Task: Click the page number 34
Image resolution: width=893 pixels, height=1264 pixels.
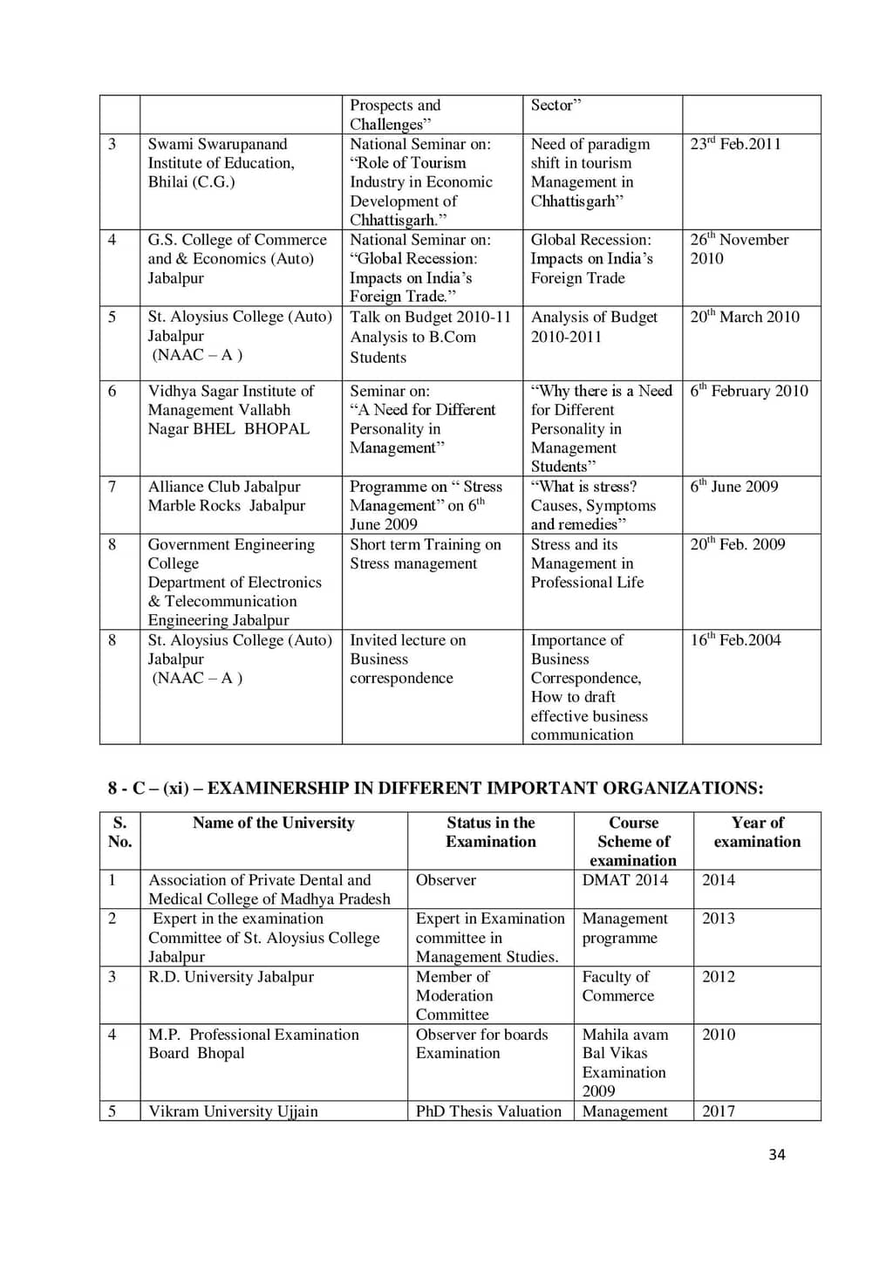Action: [x=776, y=1154]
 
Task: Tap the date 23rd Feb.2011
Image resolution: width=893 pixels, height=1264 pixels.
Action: [x=735, y=144]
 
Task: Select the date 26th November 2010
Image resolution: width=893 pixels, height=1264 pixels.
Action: [x=739, y=249]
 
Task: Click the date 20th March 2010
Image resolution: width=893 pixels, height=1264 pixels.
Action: [x=744, y=317]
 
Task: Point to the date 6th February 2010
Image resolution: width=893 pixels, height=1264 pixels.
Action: [x=748, y=391]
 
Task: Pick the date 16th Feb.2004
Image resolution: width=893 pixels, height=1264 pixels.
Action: [x=735, y=639]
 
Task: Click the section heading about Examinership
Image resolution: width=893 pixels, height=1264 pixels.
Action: [x=435, y=788]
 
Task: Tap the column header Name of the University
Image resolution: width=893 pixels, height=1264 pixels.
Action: [x=273, y=823]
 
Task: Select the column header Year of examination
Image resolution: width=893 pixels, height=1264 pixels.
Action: [x=757, y=832]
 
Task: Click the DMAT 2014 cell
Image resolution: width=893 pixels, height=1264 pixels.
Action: [x=624, y=879]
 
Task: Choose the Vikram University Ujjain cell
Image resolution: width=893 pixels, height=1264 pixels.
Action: [x=233, y=1111]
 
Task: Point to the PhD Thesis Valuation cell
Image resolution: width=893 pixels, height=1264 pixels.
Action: [x=488, y=1111]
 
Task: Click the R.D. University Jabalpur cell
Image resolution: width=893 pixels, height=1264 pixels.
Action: [x=230, y=976]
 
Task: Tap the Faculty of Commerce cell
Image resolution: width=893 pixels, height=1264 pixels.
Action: [x=617, y=986]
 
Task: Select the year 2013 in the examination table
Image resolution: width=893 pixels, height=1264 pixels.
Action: [x=719, y=918]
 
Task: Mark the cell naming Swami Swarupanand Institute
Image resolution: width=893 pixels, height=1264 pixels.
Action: [x=220, y=162]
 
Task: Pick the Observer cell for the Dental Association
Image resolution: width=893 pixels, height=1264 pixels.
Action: [x=446, y=879]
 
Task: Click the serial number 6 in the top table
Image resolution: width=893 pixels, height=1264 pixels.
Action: [x=112, y=391]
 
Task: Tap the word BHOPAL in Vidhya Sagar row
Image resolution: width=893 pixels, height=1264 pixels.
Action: [x=276, y=428]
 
